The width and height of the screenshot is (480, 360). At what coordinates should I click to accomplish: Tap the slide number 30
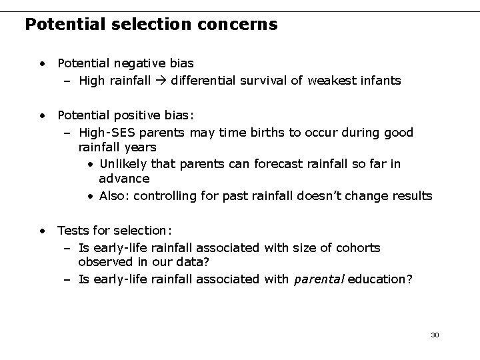point(435,334)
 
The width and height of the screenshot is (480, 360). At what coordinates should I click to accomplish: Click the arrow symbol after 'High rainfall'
point(161,81)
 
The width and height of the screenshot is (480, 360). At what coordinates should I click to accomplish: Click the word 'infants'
point(379,81)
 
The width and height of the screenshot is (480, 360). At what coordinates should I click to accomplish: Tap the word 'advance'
point(124,179)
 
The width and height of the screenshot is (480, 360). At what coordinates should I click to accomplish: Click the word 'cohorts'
point(357,248)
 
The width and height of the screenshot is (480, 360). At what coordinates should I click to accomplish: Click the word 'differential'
point(202,81)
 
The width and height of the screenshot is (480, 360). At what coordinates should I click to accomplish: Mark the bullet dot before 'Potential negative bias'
point(43,64)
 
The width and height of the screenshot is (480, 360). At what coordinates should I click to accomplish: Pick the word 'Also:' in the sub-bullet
point(114,196)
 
